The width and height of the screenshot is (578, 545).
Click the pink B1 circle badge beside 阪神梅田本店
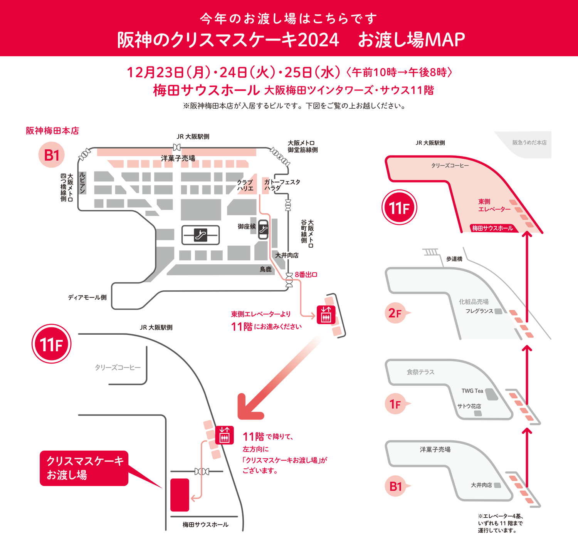[52, 155]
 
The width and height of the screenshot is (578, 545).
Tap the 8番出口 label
[306, 275]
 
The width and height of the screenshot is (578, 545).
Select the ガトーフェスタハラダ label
[282, 185]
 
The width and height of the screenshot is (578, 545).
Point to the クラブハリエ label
[245, 185]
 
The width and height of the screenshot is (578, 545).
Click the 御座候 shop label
[247, 226]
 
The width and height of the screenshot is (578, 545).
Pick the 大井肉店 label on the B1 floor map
[287, 255]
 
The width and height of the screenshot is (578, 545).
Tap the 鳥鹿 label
[265, 269]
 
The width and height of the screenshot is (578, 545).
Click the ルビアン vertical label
[82, 183]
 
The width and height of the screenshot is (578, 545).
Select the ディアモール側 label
[87, 297]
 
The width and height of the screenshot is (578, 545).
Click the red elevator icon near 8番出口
[326, 315]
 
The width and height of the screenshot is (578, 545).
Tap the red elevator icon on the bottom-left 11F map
[224, 435]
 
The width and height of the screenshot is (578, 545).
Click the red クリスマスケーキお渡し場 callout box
[84, 468]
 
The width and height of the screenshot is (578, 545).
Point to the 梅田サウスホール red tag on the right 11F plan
[492, 228]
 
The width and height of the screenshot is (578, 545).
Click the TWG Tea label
[472, 391]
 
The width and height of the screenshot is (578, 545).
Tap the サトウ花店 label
[469, 406]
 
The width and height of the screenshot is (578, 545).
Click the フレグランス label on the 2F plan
[479, 311]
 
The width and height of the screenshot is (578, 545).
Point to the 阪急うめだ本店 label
[529, 143]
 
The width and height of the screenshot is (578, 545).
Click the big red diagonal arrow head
[249, 408]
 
